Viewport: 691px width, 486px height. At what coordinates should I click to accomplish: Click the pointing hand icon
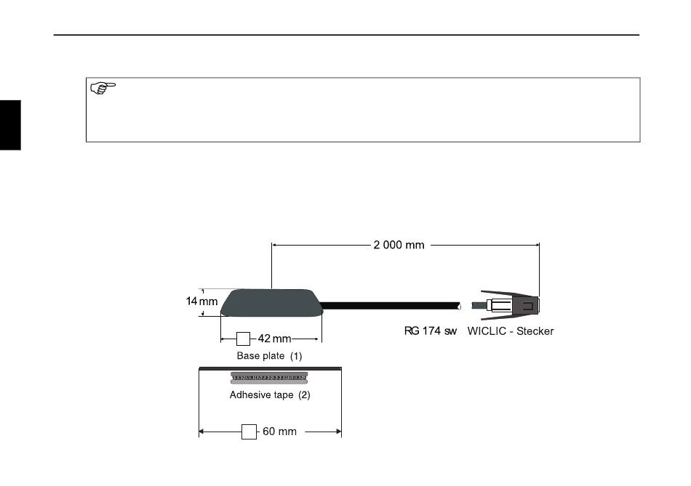[103, 88]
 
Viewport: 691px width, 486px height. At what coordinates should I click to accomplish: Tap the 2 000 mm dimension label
[399, 246]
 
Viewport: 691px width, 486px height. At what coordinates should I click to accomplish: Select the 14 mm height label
[201, 301]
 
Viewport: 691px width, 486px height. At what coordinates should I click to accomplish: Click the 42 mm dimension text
[274, 339]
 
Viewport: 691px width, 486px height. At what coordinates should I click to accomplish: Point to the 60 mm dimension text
[279, 432]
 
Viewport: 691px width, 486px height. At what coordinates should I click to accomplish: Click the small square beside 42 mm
[243, 339]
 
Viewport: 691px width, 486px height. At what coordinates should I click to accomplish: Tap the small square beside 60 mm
[249, 432]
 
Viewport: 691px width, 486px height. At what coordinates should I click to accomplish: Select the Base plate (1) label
[269, 356]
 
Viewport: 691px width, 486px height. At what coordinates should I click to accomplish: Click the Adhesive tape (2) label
[270, 395]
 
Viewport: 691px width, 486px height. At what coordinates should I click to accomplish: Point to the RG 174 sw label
[431, 331]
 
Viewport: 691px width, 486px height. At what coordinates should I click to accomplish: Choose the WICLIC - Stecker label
[511, 331]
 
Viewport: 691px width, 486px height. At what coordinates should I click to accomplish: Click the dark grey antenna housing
[272, 303]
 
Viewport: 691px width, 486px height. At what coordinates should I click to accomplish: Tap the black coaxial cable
[390, 306]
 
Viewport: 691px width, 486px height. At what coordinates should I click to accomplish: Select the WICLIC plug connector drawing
[506, 305]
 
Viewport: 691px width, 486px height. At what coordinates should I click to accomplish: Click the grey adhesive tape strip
[269, 378]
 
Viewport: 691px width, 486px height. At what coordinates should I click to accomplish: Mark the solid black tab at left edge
[10, 125]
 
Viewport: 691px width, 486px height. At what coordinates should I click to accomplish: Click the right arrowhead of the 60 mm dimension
[339, 432]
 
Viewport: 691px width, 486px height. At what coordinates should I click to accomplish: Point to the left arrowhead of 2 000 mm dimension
[274, 245]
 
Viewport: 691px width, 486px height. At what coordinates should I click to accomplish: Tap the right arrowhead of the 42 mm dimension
[316, 339]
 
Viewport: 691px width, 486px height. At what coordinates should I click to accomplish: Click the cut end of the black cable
[459, 306]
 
